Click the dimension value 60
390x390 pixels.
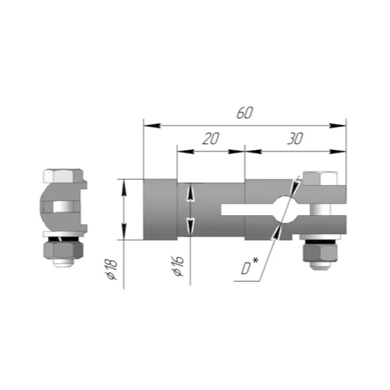[x=245, y=113]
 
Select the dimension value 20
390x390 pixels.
[x=211, y=139]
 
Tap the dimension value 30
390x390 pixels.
[x=295, y=139]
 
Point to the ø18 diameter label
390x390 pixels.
[x=111, y=269]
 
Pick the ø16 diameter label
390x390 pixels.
[x=179, y=266]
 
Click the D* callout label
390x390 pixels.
[x=250, y=266]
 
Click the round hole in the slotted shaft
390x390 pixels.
[x=285, y=209]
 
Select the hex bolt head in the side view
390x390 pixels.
[x=320, y=178]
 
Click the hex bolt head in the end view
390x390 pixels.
[x=63, y=176]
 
